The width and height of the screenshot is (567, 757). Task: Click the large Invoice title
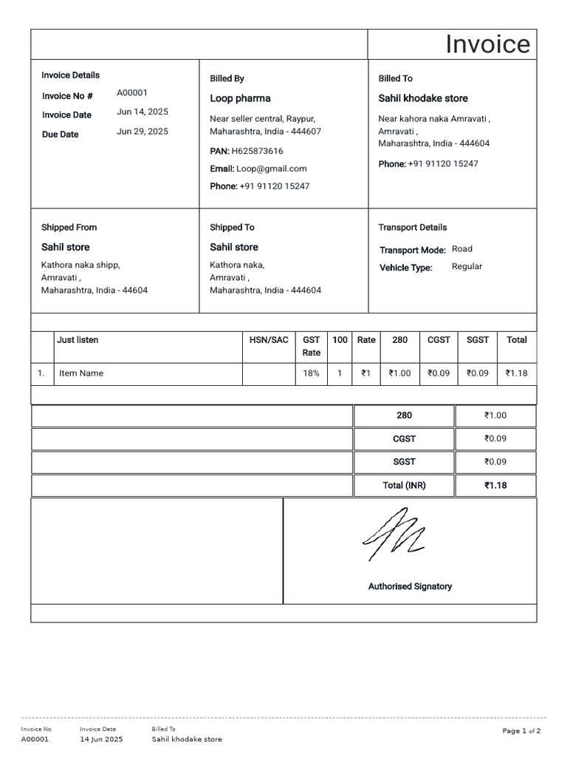[487, 44]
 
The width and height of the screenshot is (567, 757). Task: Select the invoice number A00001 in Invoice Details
[132, 93]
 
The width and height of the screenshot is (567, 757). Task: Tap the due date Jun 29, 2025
[142, 132]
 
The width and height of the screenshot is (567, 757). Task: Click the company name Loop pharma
[240, 98]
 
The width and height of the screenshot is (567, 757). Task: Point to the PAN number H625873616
[257, 151]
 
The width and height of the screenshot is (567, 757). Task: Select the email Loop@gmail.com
[271, 169]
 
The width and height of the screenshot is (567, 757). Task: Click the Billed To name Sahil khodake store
[423, 98]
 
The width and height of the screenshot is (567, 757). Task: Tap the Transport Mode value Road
[462, 249]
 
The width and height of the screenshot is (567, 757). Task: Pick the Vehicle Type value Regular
[467, 266]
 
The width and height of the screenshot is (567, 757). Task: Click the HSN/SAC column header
[269, 340]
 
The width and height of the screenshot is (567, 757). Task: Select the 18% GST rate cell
[311, 373]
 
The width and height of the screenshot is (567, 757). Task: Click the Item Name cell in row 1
[81, 373]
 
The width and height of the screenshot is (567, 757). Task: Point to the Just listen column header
[78, 340]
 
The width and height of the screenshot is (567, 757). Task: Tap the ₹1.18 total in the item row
[516, 373]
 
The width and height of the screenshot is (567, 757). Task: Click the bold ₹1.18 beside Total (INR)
[495, 486]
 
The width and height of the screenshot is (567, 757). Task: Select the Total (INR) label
[404, 486]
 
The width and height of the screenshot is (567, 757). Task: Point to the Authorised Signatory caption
[410, 586]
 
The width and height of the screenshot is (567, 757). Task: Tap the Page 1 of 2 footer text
[521, 731]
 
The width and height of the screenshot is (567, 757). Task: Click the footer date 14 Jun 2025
[101, 739]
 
